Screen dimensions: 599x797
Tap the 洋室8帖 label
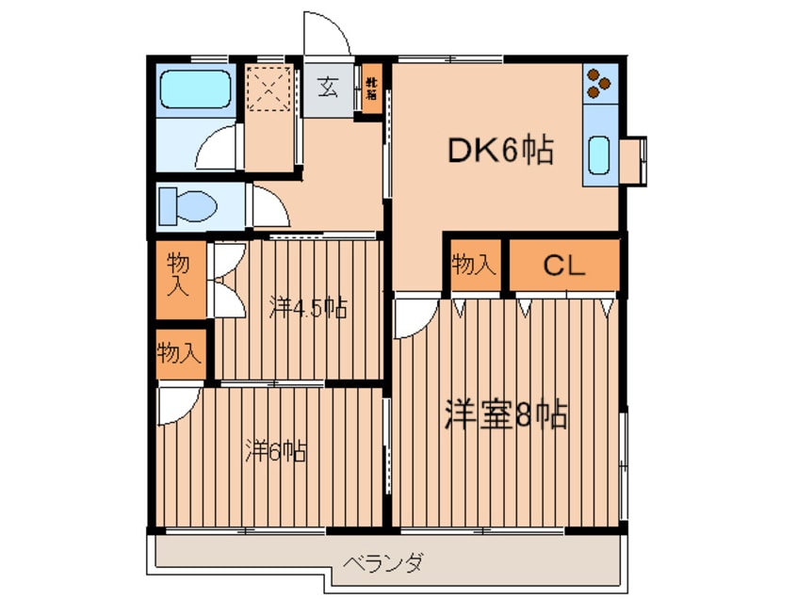[506, 415]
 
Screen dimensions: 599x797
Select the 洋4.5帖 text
[307, 307]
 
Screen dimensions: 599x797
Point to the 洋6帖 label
[275, 451]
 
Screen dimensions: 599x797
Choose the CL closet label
[563, 266]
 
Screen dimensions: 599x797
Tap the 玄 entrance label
[327, 89]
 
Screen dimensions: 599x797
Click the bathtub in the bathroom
[194, 89]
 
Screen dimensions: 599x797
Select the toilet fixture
[185, 203]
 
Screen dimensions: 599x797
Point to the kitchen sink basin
[599, 154]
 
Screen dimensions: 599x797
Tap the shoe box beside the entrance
[371, 89]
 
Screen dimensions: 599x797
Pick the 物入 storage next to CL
[473, 265]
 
